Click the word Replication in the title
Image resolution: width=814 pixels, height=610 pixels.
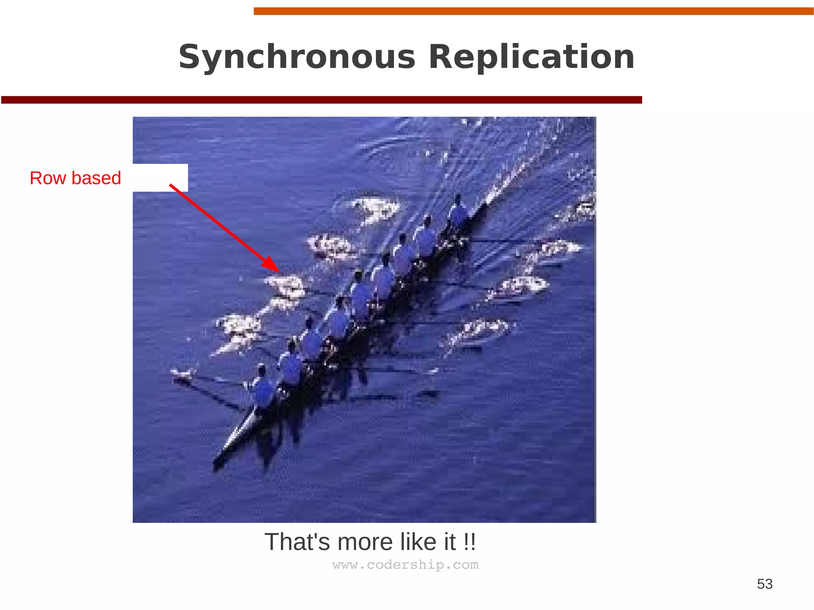pyautogui.click(x=531, y=57)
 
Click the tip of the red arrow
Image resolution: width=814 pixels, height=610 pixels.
pyautogui.click(x=279, y=272)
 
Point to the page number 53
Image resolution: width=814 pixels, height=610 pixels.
pyautogui.click(x=764, y=584)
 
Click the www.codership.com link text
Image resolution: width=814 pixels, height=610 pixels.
pyautogui.click(x=405, y=565)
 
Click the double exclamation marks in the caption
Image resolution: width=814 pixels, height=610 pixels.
pyautogui.click(x=469, y=542)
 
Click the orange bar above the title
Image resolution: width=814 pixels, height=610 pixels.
pyautogui.click(x=533, y=11)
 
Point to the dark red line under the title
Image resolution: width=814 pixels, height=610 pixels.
pyautogui.click(x=321, y=100)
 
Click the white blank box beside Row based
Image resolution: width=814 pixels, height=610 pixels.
pyautogui.click(x=160, y=178)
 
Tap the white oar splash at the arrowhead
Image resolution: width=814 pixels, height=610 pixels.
pyautogui.click(x=285, y=285)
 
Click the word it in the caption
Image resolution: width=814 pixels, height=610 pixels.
pyautogui.click(x=450, y=542)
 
